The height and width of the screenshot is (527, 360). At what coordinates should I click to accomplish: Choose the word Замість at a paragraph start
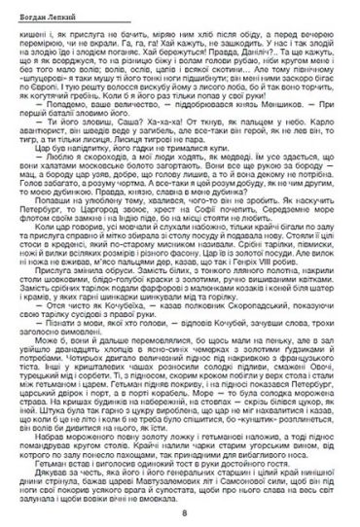(x=40, y=303)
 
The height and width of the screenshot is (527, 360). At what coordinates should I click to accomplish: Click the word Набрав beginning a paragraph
(x=40, y=454)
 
